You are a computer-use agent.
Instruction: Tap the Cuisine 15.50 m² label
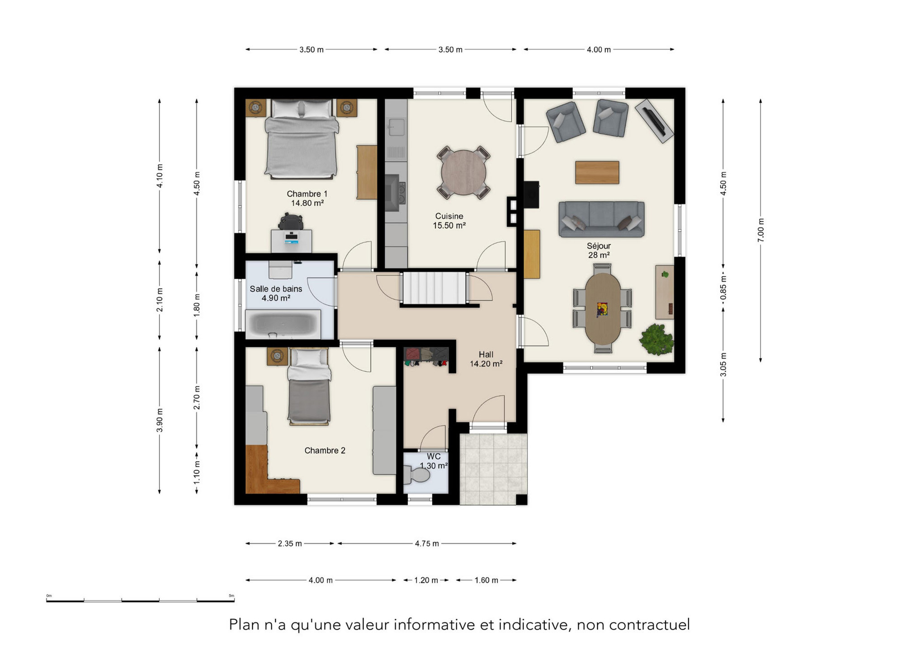pyautogui.click(x=449, y=221)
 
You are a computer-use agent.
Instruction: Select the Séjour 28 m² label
pyautogui.click(x=599, y=250)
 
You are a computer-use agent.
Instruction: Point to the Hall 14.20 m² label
pyautogui.click(x=486, y=359)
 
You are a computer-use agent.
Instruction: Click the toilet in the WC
pyautogui.click(x=417, y=475)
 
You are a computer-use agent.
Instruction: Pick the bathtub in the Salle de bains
pyautogui.click(x=283, y=324)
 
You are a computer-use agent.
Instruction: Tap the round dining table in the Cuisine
pyautogui.click(x=463, y=172)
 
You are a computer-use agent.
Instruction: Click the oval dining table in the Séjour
pyautogui.click(x=603, y=309)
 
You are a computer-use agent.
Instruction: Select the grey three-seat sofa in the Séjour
pyautogui.click(x=601, y=219)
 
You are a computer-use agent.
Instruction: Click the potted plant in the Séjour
pyautogui.click(x=656, y=339)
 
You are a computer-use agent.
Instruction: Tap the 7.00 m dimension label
pyautogui.click(x=761, y=230)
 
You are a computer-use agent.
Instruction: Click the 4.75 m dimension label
pyautogui.click(x=427, y=543)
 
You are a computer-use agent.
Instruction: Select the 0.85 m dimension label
pyautogui.click(x=723, y=288)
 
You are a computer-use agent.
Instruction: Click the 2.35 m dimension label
pyautogui.click(x=290, y=543)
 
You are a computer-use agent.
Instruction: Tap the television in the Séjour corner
pyautogui.click(x=654, y=121)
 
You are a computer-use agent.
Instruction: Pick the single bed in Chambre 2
pyautogui.click(x=309, y=387)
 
